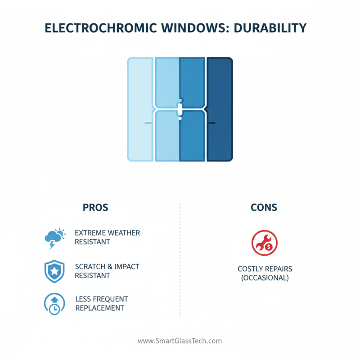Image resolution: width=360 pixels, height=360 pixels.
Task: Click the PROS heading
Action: click(x=95, y=208)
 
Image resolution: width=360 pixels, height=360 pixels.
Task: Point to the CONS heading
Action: click(x=264, y=208)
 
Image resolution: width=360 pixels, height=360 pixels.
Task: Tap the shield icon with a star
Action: click(x=54, y=271)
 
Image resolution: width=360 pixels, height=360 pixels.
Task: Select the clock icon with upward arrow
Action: click(x=54, y=304)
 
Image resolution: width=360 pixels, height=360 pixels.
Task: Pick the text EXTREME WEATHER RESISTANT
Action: click(x=107, y=237)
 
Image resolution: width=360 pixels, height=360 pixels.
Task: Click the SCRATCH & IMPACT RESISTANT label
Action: click(x=107, y=271)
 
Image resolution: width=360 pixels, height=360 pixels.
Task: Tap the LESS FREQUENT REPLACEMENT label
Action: click(x=101, y=303)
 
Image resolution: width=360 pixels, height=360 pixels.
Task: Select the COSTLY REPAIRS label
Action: click(x=265, y=269)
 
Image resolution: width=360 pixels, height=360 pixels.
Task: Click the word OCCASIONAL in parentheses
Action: click(x=265, y=278)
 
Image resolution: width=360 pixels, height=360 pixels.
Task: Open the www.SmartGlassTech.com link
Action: click(x=180, y=341)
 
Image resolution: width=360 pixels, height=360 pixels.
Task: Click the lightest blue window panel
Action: click(x=140, y=109)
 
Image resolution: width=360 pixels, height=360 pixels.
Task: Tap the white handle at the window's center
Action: click(x=180, y=109)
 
